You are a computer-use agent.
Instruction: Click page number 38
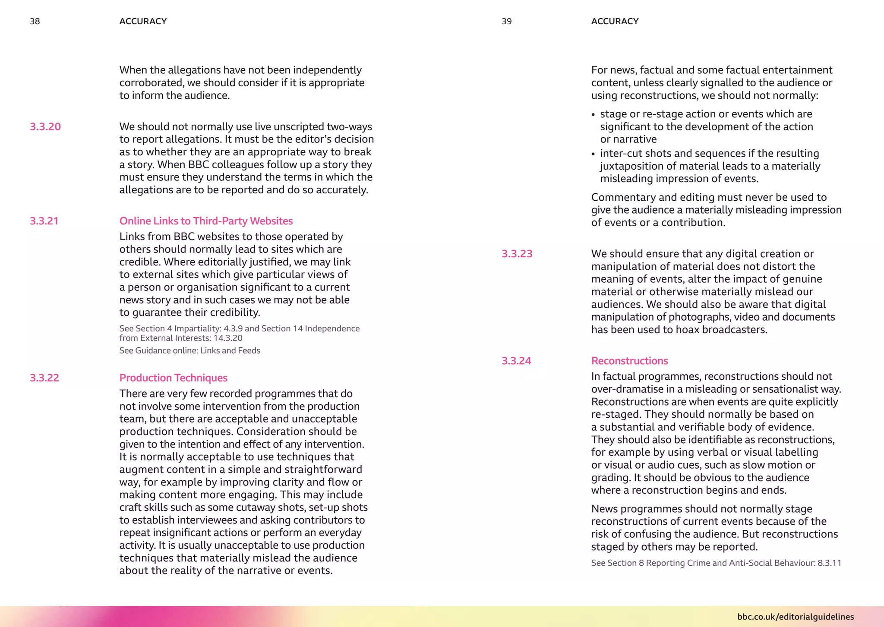(x=35, y=21)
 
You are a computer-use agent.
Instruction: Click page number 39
(x=506, y=21)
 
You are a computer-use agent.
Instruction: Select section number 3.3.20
(x=45, y=126)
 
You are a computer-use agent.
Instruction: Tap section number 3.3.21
(x=44, y=221)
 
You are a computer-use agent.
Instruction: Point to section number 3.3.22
(x=44, y=378)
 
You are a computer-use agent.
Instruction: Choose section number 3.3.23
(x=517, y=254)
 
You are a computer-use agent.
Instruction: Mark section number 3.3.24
(x=516, y=361)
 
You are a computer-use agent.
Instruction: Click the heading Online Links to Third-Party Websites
(x=206, y=221)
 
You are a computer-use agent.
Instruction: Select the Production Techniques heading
(x=173, y=378)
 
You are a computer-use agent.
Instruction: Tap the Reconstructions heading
(x=629, y=361)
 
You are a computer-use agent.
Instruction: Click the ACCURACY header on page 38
(x=143, y=21)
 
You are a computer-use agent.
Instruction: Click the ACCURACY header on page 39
(x=615, y=21)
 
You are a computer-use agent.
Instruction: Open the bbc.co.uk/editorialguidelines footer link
(x=795, y=617)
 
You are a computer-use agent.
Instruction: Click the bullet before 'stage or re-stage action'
(x=594, y=115)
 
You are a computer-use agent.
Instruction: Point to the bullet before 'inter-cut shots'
(x=594, y=154)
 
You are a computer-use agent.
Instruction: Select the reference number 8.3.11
(x=829, y=563)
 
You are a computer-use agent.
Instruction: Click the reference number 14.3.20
(x=227, y=338)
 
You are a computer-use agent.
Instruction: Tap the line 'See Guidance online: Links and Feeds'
(x=189, y=350)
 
